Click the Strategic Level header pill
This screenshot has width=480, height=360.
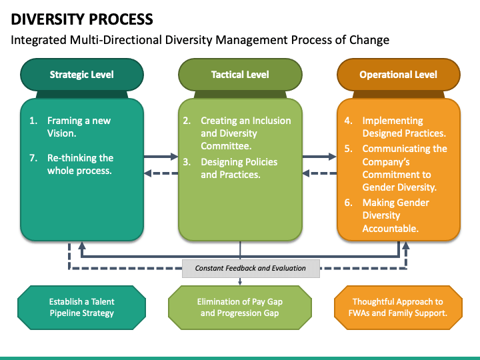(x=82, y=75)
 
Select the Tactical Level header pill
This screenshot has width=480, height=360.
(x=240, y=75)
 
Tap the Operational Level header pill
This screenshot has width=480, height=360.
(x=398, y=75)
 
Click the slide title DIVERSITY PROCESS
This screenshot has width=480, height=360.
(x=82, y=19)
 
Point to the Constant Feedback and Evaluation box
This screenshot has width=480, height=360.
(x=251, y=269)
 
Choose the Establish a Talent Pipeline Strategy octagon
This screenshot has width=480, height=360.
(x=82, y=307)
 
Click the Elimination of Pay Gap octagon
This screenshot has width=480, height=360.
(x=240, y=307)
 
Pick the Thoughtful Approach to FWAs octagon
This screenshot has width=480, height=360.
(x=398, y=307)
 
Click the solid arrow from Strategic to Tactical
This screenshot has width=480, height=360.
(x=161, y=157)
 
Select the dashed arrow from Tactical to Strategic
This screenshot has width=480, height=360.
(x=161, y=173)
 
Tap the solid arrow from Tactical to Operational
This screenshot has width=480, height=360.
(x=319, y=157)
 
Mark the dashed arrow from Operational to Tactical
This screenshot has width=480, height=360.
(x=319, y=173)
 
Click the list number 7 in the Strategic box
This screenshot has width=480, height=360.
(x=33, y=158)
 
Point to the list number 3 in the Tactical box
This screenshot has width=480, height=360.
(x=187, y=162)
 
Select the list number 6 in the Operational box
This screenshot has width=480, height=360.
(x=349, y=203)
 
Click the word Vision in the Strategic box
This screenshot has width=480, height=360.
(x=61, y=133)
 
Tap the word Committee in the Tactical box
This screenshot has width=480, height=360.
(x=226, y=146)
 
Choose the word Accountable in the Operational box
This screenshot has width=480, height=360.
(x=390, y=229)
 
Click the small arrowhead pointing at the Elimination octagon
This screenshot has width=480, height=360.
(x=240, y=283)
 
